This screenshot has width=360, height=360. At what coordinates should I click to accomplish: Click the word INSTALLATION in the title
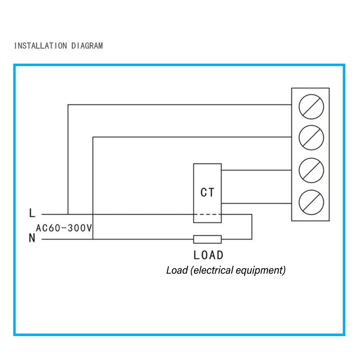point(40,46)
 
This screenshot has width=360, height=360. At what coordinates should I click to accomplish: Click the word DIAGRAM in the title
point(87,46)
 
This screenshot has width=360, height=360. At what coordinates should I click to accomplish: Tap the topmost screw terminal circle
point(311,107)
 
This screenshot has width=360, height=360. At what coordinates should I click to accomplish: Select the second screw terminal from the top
point(311,138)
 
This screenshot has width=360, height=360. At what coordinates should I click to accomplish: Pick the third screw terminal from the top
point(311,171)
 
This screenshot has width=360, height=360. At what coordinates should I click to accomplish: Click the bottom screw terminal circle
point(311,202)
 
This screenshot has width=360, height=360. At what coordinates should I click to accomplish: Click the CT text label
point(207,193)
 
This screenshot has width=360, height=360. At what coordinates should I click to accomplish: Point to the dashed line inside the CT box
point(207,215)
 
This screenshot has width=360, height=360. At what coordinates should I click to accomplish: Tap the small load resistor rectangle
point(207,239)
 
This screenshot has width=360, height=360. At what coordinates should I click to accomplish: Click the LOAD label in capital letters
point(208,255)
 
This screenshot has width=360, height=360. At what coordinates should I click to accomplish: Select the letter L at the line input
point(32,213)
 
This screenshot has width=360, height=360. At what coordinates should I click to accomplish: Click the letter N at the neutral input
point(32,238)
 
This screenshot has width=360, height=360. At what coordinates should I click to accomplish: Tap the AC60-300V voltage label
point(64,228)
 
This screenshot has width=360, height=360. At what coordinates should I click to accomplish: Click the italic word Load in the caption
point(177,270)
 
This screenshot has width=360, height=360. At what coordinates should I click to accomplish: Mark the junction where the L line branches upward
point(68,215)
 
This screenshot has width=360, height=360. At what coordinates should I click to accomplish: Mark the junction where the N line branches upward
point(93,239)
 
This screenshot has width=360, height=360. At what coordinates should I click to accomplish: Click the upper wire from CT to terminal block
point(256,171)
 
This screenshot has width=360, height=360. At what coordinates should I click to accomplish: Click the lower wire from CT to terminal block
point(256,203)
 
